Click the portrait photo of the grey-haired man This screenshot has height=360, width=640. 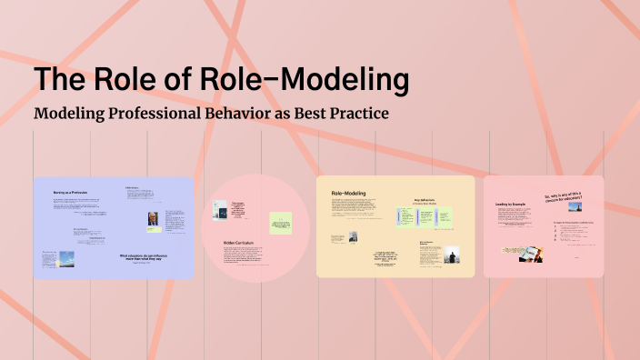coord(154,221)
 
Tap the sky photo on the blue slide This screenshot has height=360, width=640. coord(52,258)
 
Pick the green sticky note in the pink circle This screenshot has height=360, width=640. coord(281,224)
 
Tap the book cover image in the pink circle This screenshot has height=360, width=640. coord(219,210)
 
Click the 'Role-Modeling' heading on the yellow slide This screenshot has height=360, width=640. coord(348,194)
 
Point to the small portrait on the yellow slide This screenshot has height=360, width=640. coord(353,236)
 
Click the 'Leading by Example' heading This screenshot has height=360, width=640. coord(514,205)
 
